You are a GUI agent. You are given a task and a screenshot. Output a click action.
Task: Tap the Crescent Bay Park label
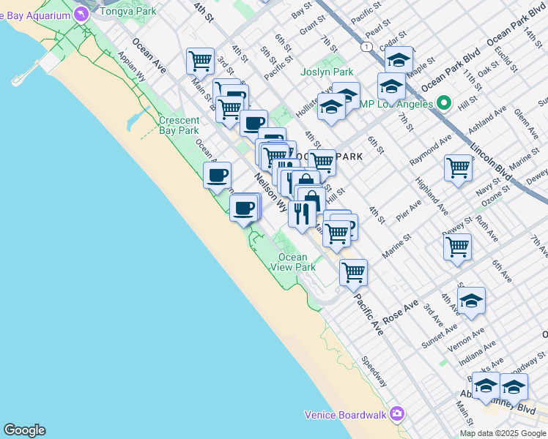pyautogui.click(x=179, y=125)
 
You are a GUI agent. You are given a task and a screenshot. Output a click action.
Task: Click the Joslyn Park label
pyautogui.click(x=327, y=72)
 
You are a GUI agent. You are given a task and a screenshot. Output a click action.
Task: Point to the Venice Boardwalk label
pyautogui.click(x=346, y=415)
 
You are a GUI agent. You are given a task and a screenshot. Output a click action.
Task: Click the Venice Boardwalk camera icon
pyautogui.click(x=397, y=414)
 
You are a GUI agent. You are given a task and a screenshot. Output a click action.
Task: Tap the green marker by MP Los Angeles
pyautogui.click(x=443, y=103)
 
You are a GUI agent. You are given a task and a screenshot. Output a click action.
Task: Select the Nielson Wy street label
pyautogui.click(x=270, y=192)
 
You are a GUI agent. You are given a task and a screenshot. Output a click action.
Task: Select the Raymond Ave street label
pyautogui.click(x=432, y=151)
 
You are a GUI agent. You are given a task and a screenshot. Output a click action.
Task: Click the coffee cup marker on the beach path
pyautogui.click(x=218, y=176)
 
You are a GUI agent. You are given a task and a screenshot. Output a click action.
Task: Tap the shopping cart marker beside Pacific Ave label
pyautogui.click(x=353, y=271)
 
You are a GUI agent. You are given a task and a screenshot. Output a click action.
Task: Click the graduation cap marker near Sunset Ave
pyautogui.click(x=472, y=300)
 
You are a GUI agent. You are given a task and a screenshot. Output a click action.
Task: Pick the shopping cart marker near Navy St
pyautogui.click(x=458, y=167)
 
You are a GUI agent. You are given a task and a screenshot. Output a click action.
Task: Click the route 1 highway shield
pyautogui.click(x=366, y=46)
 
